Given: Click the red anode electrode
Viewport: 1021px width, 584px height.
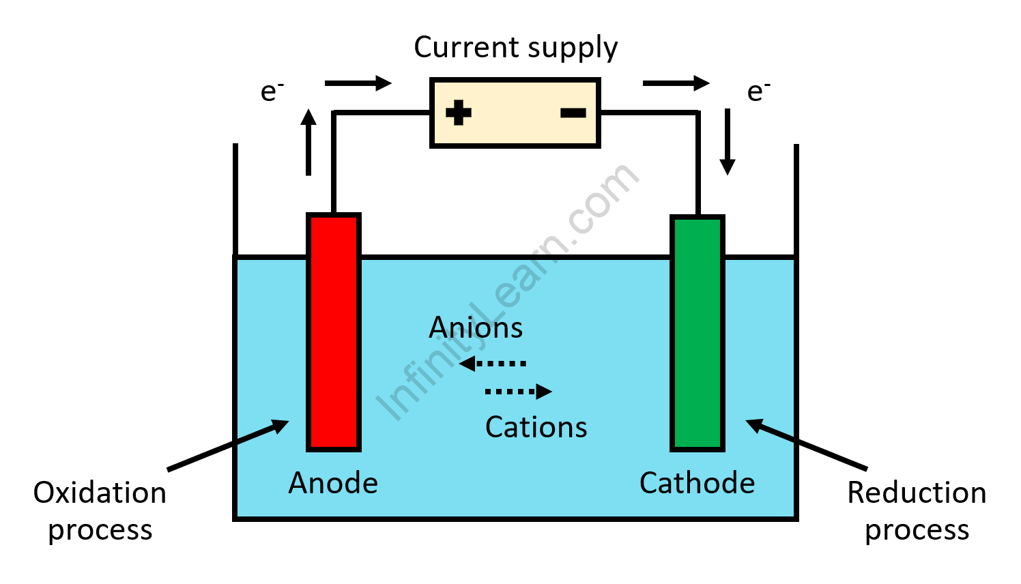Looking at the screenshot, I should pos(333,332).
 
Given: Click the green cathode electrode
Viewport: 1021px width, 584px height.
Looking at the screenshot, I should pos(697,333).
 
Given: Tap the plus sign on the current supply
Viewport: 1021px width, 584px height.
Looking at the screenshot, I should pos(459,113).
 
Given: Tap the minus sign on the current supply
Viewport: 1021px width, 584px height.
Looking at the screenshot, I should pos(573,113).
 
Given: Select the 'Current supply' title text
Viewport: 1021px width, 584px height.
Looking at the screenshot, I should pos(515,48).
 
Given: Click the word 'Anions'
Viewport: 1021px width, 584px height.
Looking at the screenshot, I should pos(476,328).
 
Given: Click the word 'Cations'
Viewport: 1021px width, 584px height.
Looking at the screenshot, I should pos(536,428).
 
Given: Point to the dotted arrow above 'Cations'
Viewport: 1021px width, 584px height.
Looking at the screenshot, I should pos(518,392).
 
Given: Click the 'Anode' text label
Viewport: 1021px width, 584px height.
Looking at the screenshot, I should pos(333,484).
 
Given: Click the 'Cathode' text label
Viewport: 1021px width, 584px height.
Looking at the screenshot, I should pos(697,484).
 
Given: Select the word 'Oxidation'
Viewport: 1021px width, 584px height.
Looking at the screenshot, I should pos(100,493).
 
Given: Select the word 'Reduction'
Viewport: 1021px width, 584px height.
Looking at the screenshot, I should pos(917,493).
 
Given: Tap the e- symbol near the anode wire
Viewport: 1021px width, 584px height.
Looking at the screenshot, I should pos(272,91).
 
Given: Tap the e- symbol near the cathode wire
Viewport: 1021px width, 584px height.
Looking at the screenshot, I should pos(758,91).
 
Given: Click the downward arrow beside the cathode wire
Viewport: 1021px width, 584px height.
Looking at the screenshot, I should pos(728,142).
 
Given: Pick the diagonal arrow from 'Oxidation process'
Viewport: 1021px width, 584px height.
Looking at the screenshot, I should pos(228,445).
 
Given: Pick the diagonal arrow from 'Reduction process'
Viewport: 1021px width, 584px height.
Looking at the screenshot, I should pos(806,445).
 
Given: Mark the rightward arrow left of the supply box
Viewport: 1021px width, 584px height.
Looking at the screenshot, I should pos(358,83).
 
